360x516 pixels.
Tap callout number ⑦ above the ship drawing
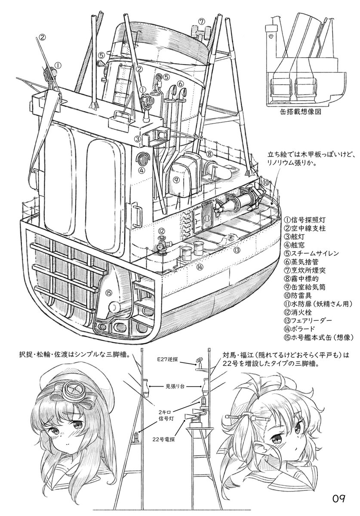(x=202, y=21)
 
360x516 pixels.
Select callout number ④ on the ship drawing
(x=142, y=169)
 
